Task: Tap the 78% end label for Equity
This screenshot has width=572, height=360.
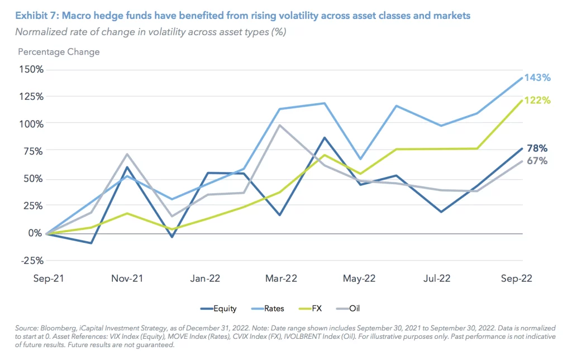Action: [x=536, y=148]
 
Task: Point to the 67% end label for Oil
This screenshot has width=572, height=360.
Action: [x=536, y=161]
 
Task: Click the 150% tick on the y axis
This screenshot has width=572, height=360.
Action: [x=31, y=69]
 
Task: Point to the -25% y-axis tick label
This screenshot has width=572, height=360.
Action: [x=31, y=260]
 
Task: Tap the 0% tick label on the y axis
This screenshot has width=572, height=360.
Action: [x=35, y=233]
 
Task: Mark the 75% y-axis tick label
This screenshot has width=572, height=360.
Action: [x=33, y=151]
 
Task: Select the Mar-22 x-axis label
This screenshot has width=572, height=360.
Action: [x=281, y=279]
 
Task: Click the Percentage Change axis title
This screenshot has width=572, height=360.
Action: [x=59, y=52]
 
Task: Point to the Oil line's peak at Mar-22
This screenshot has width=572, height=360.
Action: [x=279, y=125]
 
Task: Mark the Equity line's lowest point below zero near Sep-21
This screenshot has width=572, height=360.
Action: [x=90, y=243]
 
